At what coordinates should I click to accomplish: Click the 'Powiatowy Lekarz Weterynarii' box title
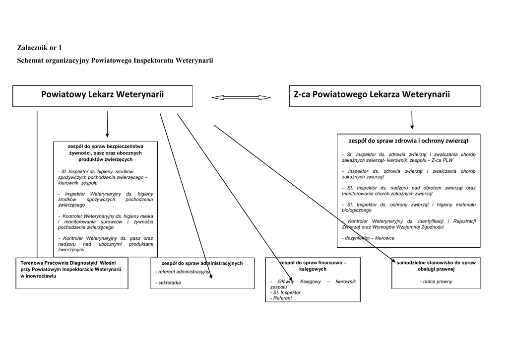(x=102, y=94)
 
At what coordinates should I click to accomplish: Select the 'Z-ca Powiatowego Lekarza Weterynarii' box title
(x=372, y=94)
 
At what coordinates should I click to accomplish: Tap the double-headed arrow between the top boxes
(x=241, y=98)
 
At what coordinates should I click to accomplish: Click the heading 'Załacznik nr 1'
(x=40, y=48)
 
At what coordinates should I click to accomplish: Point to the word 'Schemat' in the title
(x=30, y=60)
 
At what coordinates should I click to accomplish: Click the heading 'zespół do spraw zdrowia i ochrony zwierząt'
(x=409, y=141)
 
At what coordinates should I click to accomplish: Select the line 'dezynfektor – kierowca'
(x=368, y=238)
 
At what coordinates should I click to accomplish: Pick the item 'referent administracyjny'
(x=183, y=272)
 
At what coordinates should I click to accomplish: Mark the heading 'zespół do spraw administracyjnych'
(x=202, y=263)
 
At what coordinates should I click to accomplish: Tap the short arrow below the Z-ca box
(x=412, y=120)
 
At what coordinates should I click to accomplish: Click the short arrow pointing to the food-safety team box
(x=107, y=124)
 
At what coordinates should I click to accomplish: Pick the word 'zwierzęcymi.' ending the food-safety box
(x=72, y=250)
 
